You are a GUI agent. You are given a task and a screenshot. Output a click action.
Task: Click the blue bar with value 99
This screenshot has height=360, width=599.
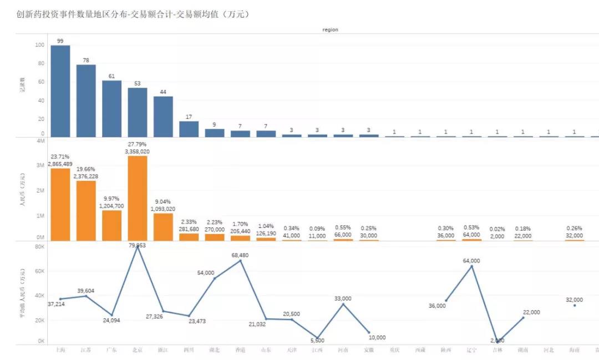(x=60, y=91)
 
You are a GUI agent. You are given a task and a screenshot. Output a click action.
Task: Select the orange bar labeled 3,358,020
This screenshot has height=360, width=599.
(x=138, y=198)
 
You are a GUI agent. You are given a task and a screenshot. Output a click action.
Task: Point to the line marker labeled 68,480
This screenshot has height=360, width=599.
(x=240, y=260)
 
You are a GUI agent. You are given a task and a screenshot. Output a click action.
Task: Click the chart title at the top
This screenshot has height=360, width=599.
(x=133, y=14)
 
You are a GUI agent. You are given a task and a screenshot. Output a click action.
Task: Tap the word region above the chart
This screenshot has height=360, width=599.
(x=330, y=29)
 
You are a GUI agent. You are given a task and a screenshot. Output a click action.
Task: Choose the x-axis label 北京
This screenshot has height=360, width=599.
(x=138, y=350)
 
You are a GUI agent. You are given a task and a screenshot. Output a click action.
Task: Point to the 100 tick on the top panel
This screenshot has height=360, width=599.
(x=39, y=45)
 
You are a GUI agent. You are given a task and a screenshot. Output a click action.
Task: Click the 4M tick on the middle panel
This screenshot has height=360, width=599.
(x=40, y=141)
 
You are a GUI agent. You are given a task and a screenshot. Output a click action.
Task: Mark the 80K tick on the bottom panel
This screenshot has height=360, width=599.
(x=39, y=247)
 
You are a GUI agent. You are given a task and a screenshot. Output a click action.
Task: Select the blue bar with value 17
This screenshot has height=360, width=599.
(x=189, y=129)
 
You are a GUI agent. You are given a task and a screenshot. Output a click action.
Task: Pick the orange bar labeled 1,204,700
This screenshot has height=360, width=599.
(x=111, y=225)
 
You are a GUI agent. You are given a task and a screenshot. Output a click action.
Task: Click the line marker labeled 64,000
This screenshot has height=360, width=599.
(x=471, y=266)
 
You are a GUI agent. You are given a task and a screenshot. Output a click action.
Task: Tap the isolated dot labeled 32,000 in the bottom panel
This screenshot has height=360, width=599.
(x=575, y=305)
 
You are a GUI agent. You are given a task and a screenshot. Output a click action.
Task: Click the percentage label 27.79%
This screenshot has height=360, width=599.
(x=138, y=144)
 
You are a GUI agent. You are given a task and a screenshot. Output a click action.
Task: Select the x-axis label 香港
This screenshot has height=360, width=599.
(x=240, y=350)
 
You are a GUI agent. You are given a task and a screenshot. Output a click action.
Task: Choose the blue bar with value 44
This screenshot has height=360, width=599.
(x=163, y=116)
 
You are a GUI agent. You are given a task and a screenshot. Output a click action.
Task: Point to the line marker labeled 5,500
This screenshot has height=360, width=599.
(x=317, y=337)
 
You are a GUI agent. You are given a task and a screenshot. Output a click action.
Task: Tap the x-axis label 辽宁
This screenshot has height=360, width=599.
(x=471, y=350)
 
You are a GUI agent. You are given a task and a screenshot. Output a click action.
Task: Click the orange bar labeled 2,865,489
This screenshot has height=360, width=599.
(x=60, y=204)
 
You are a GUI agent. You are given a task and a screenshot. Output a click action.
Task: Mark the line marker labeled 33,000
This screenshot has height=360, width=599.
(x=343, y=304)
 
